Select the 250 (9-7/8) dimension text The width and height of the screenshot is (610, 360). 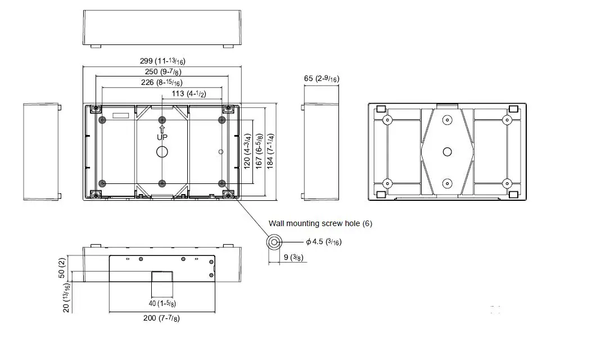pos(162,71)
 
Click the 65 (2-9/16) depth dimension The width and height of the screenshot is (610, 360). pos(321,79)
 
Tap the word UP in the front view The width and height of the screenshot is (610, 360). pos(162,137)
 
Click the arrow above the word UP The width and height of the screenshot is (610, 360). pos(162,129)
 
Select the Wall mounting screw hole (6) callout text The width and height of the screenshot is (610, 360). pos(320,223)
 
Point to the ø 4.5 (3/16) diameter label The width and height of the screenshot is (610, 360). pos(323,242)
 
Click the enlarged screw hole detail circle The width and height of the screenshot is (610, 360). pos(274,242)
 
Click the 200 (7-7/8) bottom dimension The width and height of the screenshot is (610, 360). pos(162,318)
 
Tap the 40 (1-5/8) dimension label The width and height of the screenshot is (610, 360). pos(162,304)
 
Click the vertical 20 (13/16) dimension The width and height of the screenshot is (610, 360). pos(66,298)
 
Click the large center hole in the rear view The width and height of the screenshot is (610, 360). pos(447,151)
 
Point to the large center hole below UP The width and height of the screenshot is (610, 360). pos(162,151)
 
